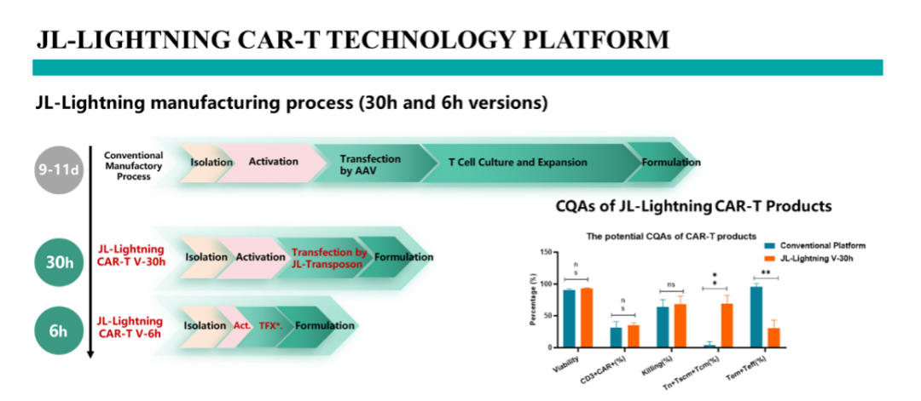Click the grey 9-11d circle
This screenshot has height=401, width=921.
point(58,170)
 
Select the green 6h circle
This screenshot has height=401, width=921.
point(58,330)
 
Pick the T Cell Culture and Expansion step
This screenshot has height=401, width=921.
point(518,162)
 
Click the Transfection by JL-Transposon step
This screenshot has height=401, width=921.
point(329,258)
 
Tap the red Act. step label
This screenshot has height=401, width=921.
point(242,326)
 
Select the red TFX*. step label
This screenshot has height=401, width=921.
point(271,326)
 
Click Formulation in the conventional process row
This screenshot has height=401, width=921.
point(671,163)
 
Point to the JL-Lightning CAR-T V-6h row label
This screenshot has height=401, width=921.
point(130,328)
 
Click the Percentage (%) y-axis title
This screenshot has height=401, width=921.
point(533,300)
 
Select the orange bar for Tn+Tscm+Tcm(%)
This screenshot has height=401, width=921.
point(727,325)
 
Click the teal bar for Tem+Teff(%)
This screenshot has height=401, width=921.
point(756,317)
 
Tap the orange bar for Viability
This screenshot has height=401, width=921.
point(586,318)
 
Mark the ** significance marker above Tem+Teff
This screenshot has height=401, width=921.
point(766,272)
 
